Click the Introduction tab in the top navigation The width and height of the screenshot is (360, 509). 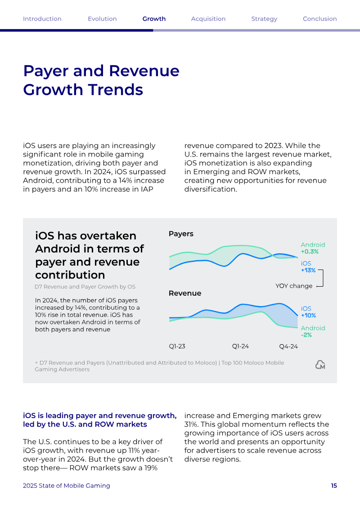coord(42,19)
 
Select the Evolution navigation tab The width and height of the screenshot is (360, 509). coord(102,19)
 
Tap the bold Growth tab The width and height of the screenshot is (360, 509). coord(154,19)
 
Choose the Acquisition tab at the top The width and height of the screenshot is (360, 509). coord(208,19)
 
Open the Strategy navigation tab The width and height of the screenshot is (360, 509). coord(264,19)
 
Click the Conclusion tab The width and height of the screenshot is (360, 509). coord(320,19)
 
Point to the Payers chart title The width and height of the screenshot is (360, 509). coord(181,234)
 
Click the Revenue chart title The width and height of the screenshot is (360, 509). coord(185,293)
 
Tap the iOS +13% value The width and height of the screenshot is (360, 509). coord(308,270)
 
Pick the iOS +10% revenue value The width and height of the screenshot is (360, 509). coord(308,315)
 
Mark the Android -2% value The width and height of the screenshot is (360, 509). coord(306,335)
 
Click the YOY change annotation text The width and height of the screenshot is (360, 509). coord(294,286)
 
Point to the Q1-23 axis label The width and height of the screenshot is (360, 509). coord(177,347)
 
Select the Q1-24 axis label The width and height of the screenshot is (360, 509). coord(240,347)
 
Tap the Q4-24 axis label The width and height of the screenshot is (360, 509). coord(288,347)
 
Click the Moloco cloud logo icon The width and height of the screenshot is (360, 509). coord(320,365)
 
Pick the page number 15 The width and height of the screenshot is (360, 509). coord(334,486)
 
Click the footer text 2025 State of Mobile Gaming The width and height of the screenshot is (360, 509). coord(67,486)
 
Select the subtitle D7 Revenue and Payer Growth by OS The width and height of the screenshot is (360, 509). coord(85,287)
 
